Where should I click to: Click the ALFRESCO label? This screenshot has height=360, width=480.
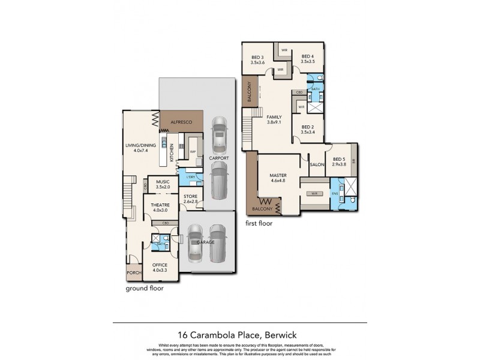click(181, 122)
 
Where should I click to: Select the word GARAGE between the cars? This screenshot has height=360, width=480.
click(205, 242)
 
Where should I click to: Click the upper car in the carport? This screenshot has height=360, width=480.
click(220, 134)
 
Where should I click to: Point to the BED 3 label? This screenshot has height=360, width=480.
click(258, 59)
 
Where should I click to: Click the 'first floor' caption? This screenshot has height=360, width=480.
click(259, 223)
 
